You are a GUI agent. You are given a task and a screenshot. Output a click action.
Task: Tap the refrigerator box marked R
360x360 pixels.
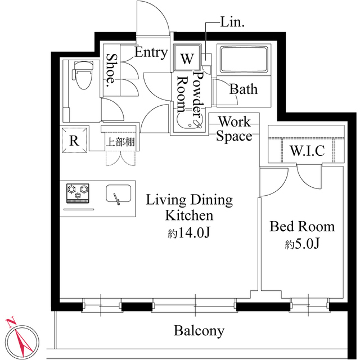click(74, 141)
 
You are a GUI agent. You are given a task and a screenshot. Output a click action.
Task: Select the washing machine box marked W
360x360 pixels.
click(186, 58)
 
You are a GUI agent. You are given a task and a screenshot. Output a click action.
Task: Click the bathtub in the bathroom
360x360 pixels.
click(245, 61)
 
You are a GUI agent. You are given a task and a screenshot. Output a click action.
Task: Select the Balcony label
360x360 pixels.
click(199, 331)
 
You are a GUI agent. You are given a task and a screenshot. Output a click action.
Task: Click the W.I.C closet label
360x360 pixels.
click(307, 151)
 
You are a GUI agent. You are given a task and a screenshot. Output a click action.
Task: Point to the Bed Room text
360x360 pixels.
click(302, 227)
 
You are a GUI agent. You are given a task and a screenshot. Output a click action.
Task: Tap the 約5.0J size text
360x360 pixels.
click(302, 245)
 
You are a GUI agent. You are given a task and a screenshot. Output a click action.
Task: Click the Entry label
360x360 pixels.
click(151, 53)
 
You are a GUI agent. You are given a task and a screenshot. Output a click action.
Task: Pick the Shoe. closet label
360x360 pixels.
click(111, 70)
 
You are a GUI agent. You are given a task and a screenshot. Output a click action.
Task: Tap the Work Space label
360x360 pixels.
click(235, 128)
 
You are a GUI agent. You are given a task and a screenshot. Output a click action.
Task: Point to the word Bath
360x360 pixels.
click(244, 89)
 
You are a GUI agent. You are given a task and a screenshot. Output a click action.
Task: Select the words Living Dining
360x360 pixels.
click(190, 200)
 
